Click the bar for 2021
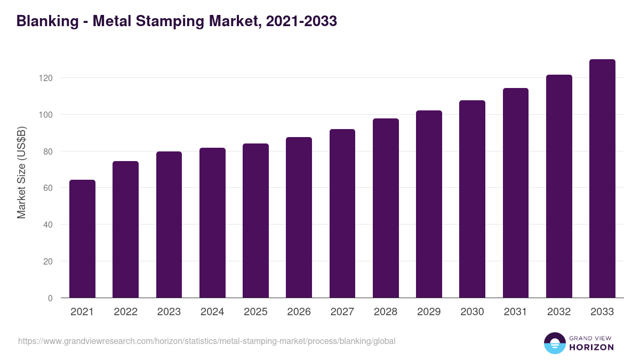[82, 239]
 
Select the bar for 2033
[602, 179]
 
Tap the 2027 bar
[342, 213]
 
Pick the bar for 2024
[212, 223]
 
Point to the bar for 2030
[472, 199]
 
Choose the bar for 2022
[125, 229]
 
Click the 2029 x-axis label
[429, 312]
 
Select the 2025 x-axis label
[255, 312]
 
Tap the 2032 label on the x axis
[559, 312]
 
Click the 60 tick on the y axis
[48, 188]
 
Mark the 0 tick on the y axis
[50, 298]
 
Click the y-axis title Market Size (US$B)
[21, 172]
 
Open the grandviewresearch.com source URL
[207, 341]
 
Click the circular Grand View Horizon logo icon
[554, 343]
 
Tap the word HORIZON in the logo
[591, 348]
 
